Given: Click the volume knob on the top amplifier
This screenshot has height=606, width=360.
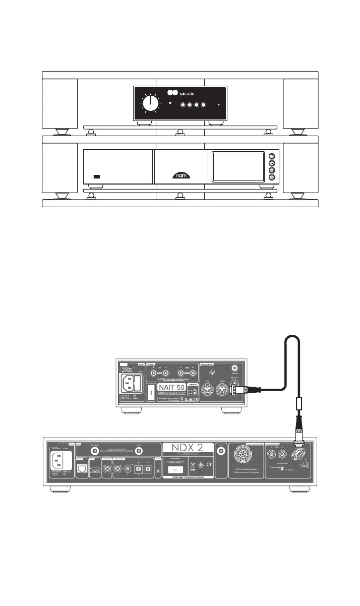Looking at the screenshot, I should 150,103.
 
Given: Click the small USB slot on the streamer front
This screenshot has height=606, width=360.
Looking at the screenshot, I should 97,177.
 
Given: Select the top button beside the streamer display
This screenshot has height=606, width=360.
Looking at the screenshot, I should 272,156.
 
